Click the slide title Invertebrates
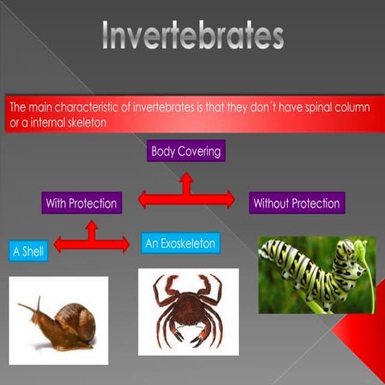[x=192, y=36]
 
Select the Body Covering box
[x=185, y=151]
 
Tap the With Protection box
[x=80, y=204]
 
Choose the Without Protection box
[x=296, y=204]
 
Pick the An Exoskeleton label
[x=180, y=243]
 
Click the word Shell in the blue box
[x=34, y=251]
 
